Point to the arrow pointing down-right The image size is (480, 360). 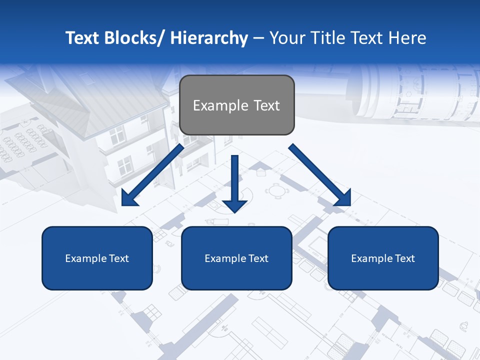pyautogui.click(x=320, y=174)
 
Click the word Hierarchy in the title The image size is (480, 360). pyautogui.click(x=209, y=38)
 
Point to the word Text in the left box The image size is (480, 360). pyautogui.click(x=119, y=258)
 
